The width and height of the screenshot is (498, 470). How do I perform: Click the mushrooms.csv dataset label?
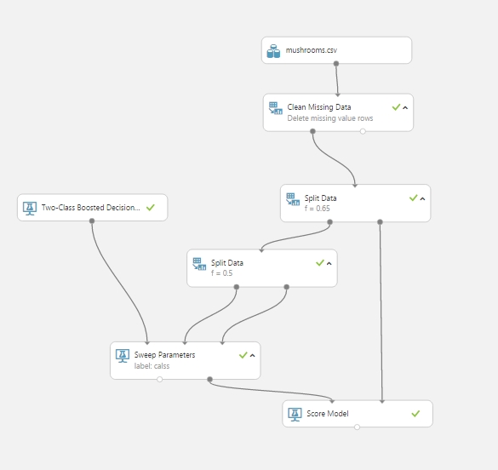pos(312,50)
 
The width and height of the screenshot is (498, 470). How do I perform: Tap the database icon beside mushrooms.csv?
pos(273,51)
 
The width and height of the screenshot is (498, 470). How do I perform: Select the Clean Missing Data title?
pos(319,107)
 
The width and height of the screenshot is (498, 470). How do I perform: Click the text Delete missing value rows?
pos(330,118)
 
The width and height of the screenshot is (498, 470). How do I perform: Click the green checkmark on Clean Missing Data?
pos(396,107)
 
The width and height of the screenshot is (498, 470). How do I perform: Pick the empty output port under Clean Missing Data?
pos(363,131)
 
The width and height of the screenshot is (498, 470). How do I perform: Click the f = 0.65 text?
pos(317,209)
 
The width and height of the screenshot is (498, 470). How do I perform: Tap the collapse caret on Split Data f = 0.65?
pos(422,198)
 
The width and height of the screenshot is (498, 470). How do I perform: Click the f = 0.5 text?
pos(221,273)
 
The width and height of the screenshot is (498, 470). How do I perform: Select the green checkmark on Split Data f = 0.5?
pos(320,262)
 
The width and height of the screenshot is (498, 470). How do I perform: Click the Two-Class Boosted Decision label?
pos(90,208)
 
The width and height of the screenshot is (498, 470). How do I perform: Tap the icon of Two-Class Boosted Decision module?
pos(30,209)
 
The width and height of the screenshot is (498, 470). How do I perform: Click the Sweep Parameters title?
pos(164,355)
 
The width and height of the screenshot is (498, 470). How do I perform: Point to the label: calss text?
pos(152,366)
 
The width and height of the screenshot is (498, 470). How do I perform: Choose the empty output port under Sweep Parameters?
pos(160,379)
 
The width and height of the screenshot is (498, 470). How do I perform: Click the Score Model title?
pos(328,414)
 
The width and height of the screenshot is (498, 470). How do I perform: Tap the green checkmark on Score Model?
pos(415,414)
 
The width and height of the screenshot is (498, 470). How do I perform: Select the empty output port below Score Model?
pos(357,427)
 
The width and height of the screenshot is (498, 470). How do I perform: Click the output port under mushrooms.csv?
pos(336,64)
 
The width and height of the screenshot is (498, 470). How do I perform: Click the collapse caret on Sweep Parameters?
pos(253,355)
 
